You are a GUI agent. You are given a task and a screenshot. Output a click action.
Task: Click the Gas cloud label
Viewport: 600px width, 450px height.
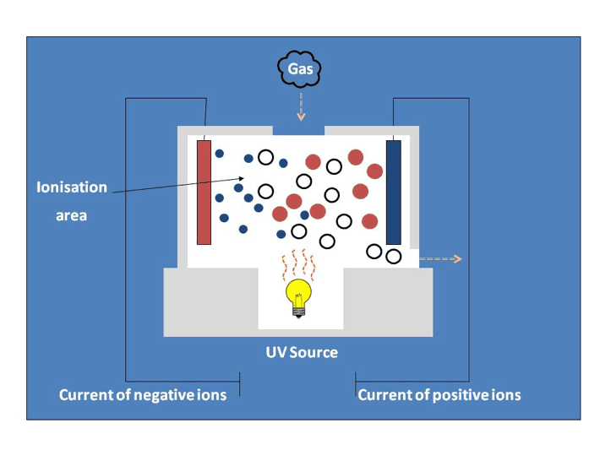click(x=300, y=69)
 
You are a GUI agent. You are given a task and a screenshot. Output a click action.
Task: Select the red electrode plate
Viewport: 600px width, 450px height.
click(x=204, y=192)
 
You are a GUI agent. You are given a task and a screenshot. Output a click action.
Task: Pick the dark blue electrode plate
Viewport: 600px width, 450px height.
click(x=394, y=192)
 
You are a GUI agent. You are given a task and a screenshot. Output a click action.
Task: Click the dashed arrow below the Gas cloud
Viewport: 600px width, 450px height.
click(x=301, y=106)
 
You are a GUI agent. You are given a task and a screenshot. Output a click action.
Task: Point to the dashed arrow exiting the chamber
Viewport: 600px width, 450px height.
click(x=441, y=259)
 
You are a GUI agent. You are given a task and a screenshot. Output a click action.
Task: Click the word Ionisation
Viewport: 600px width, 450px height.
click(x=72, y=187)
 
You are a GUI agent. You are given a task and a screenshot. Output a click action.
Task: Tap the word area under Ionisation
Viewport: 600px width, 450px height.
click(x=72, y=215)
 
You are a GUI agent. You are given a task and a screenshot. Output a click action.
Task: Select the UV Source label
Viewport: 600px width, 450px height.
click(x=302, y=352)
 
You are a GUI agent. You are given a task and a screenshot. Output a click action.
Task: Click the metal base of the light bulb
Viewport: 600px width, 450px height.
click(x=298, y=312)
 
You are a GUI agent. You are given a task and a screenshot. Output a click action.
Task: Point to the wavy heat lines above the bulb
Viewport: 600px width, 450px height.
click(x=299, y=265)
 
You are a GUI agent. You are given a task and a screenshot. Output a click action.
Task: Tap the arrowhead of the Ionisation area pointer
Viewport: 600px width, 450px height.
click(x=242, y=178)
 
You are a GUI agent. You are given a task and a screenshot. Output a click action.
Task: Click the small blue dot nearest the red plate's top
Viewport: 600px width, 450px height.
click(x=219, y=154)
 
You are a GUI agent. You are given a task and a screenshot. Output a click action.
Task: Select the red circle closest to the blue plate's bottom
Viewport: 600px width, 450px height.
click(x=369, y=221)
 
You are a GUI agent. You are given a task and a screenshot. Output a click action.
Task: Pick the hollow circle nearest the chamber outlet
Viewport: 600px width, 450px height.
click(x=393, y=257)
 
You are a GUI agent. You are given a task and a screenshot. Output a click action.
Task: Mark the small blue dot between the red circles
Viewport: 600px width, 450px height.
click(x=304, y=214)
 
